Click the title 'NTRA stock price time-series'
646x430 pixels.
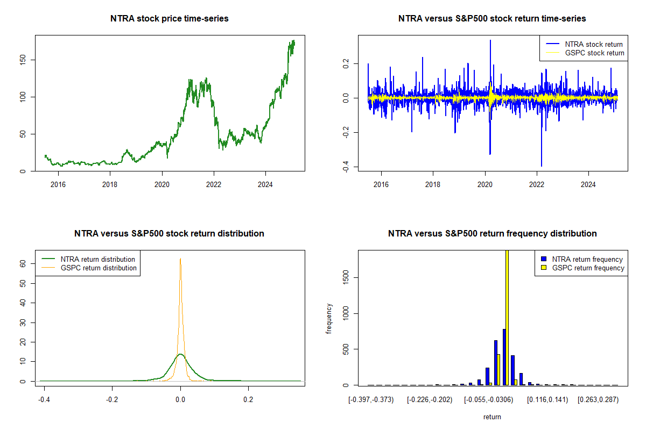tap(170, 19)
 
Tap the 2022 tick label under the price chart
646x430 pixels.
tap(214, 184)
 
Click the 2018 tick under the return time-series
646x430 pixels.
tap(433, 184)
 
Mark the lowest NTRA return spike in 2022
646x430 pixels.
tap(542, 166)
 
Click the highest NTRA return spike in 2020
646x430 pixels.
tap(490, 40)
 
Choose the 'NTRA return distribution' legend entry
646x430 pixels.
tap(98, 259)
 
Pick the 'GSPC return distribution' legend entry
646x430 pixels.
tap(99, 268)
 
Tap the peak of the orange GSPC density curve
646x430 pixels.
tap(180, 259)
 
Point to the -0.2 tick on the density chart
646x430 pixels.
tap(112, 399)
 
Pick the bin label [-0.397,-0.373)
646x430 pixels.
tap(371, 399)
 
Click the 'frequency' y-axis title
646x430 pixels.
tap(329, 318)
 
